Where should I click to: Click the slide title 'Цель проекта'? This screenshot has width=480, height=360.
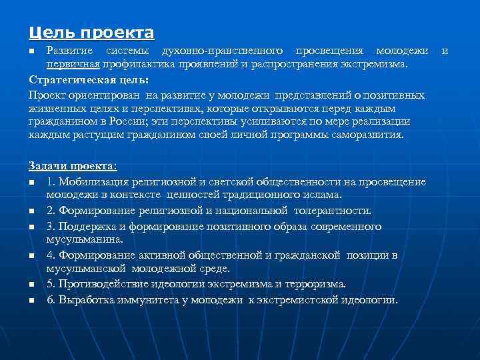click(91, 32)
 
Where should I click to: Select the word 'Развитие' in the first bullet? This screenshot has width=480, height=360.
click(69, 51)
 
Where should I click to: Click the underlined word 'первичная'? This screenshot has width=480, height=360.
click(73, 63)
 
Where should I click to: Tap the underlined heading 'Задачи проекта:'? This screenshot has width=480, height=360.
click(72, 165)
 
